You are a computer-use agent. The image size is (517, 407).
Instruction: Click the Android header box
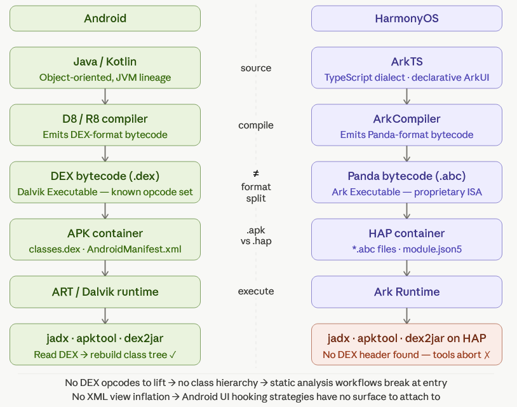tap(105, 18)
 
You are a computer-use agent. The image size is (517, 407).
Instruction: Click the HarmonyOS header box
tap(406, 18)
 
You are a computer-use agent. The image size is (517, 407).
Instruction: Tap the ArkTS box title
tap(406, 62)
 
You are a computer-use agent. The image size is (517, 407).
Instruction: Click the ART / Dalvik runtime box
tap(105, 292)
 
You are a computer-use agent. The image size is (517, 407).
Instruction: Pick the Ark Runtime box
tap(406, 292)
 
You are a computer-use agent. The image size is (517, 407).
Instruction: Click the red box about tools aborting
tap(406, 344)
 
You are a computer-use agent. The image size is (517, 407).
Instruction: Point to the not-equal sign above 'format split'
tap(256, 174)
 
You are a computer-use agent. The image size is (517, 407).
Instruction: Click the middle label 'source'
tap(256, 68)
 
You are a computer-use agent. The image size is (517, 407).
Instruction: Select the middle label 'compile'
tap(256, 125)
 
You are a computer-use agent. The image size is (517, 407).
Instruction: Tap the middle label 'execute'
tap(256, 291)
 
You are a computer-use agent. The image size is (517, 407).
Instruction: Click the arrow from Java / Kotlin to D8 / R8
tap(105, 97)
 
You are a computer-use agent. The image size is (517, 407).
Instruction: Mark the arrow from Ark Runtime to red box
tap(406, 315)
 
